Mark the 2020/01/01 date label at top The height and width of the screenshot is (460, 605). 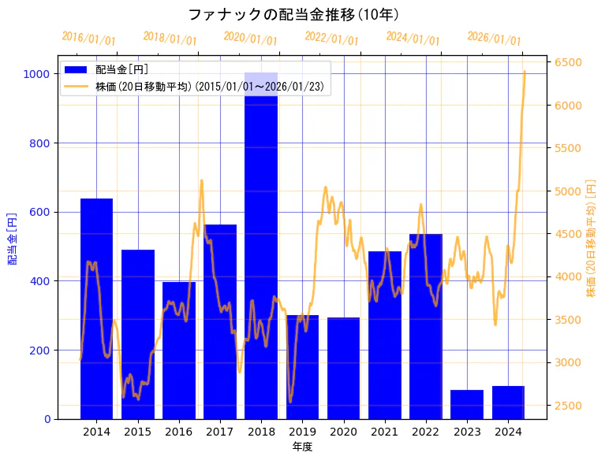click(250, 38)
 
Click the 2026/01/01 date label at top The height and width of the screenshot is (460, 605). click(494, 39)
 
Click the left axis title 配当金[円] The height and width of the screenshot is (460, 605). click(12, 238)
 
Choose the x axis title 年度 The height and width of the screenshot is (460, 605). click(302, 447)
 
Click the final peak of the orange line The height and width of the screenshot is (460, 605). click(525, 72)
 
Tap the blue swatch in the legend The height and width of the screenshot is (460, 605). click(76, 69)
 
